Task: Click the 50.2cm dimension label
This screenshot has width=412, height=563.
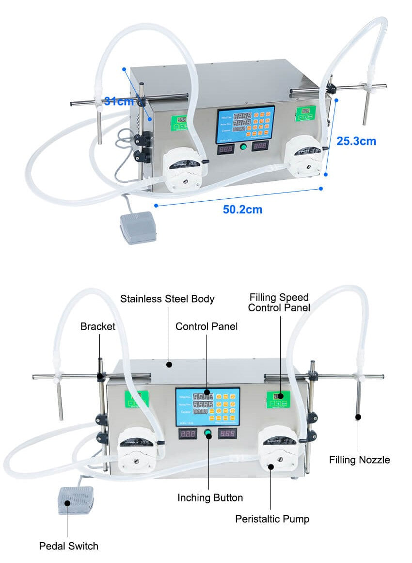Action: (242, 209)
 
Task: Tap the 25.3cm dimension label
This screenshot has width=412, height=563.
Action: (356, 141)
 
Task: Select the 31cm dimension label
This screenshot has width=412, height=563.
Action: (119, 102)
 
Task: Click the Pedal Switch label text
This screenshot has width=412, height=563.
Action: (69, 546)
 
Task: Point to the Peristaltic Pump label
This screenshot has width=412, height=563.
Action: (272, 519)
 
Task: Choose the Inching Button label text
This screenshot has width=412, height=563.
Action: (210, 498)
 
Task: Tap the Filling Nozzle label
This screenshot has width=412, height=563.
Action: (359, 460)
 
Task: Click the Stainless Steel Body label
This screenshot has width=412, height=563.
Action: (167, 299)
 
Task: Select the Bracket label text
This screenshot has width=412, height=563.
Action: (98, 326)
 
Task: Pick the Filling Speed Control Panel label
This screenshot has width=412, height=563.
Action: (279, 302)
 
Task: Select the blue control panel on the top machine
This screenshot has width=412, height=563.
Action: (245, 124)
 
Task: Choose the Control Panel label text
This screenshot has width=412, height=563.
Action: (206, 326)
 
